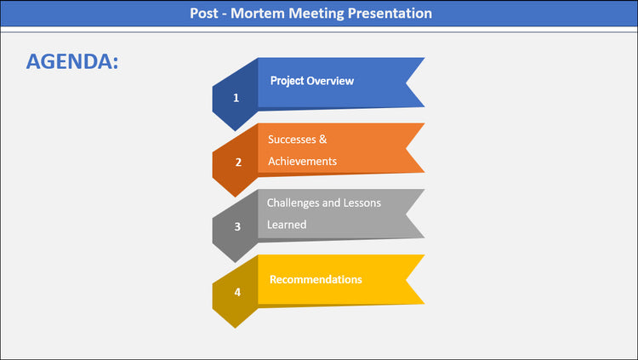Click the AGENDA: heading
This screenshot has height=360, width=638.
(72, 61)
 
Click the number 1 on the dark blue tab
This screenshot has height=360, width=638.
(236, 98)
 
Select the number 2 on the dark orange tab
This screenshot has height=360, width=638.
(237, 163)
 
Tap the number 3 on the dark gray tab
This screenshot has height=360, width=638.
(237, 227)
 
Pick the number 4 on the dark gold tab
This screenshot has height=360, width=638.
(237, 292)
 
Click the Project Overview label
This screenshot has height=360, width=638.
(311, 81)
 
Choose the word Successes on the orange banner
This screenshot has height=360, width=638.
(292, 140)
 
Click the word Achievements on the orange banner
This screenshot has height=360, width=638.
(302, 162)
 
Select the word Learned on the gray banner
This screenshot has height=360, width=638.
(287, 225)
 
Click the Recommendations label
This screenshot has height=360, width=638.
(316, 280)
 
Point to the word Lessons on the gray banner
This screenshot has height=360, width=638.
(362, 203)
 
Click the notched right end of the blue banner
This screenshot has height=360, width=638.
(414, 83)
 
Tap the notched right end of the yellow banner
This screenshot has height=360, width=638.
(414, 280)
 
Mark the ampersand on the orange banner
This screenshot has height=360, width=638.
(323, 140)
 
